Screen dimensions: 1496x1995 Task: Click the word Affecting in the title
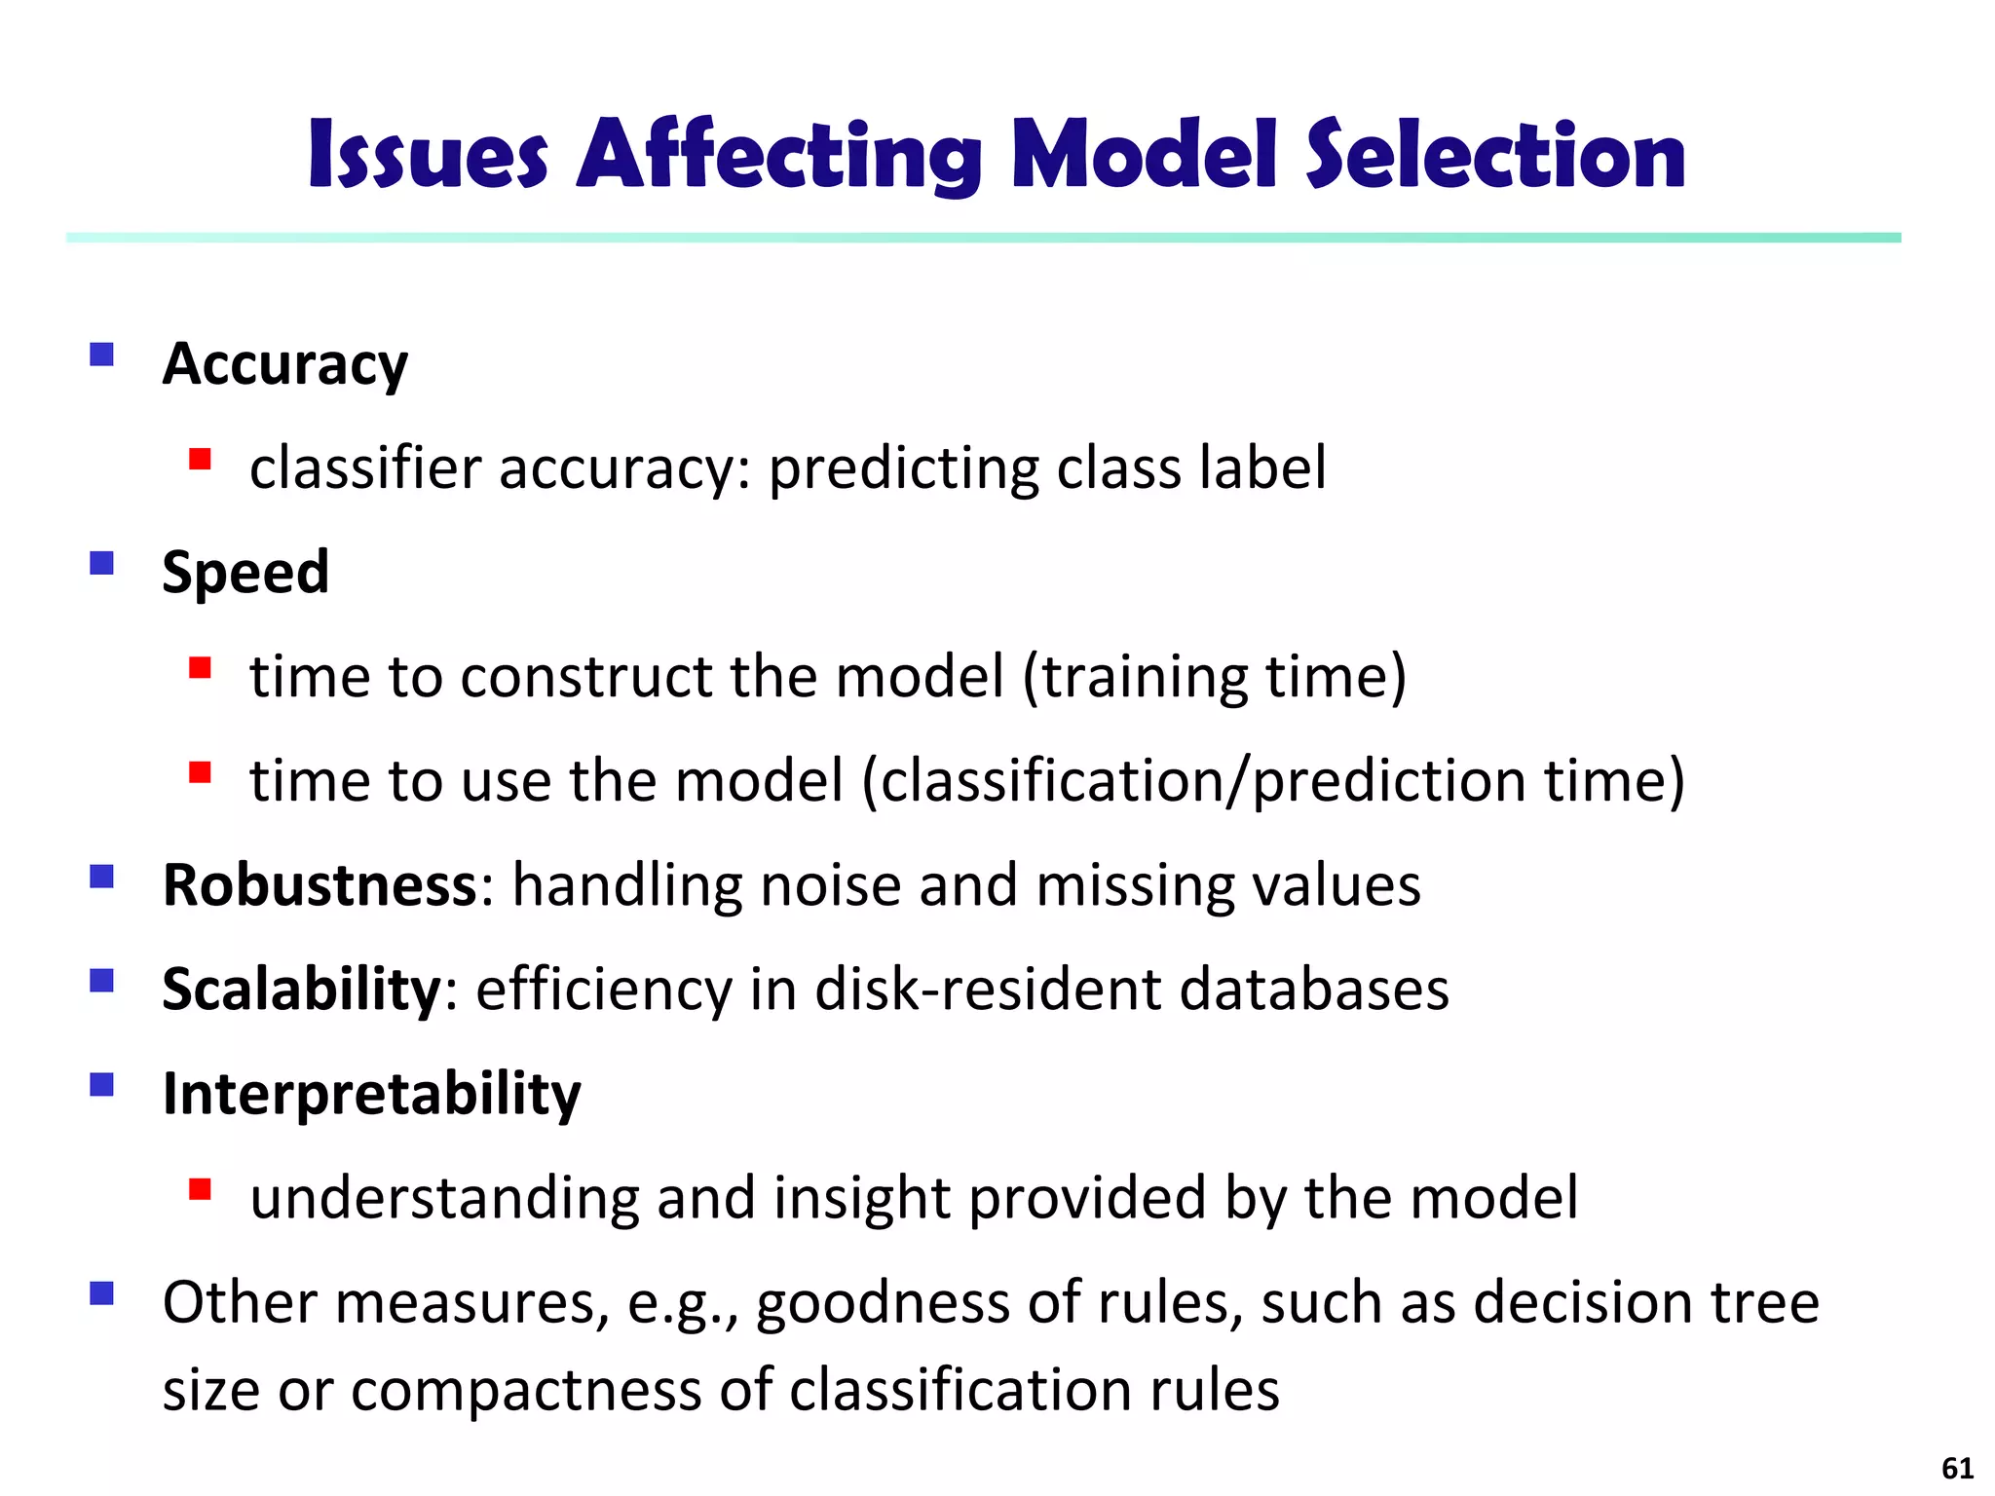pos(779,156)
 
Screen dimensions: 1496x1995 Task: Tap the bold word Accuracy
pos(284,365)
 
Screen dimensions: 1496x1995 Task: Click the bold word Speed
pos(245,573)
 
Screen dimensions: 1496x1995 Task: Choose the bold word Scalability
pos(302,990)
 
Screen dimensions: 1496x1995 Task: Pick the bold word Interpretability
pos(371,1095)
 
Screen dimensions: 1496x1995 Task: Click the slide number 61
pos(1957,1468)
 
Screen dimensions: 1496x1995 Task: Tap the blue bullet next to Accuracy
pos(101,354)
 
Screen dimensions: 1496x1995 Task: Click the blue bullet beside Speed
pos(101,563)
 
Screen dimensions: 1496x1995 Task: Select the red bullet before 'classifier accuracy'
pos(201,459)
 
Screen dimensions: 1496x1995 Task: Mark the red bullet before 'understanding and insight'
pos(201,1188)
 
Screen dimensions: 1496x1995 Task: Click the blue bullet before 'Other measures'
pos(101,1293)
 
